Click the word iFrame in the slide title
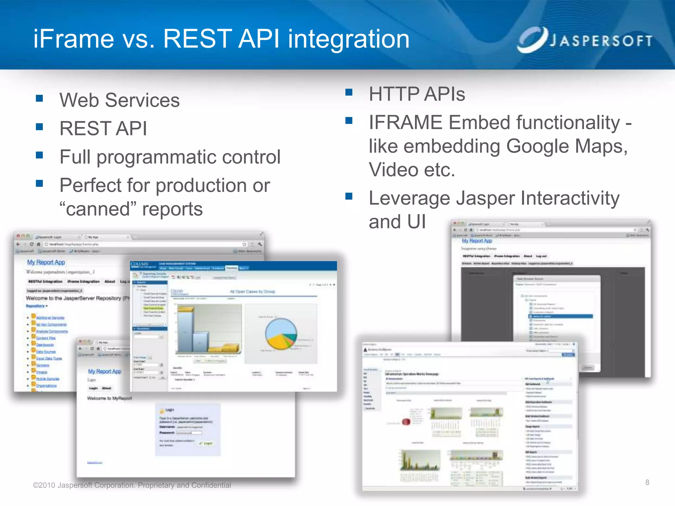[74, 39]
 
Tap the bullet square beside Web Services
[40, 98]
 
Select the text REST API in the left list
[103, 128]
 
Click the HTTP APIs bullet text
[417, 94]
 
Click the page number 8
[647, 483]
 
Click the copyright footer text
[132, 485]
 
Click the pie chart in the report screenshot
[281, 334]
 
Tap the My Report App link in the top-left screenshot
[46, 262]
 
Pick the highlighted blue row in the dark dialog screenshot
[560, 316]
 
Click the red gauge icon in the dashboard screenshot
[406, 422]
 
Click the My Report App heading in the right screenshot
[477, 241]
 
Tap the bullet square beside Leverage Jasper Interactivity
[349, 196]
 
